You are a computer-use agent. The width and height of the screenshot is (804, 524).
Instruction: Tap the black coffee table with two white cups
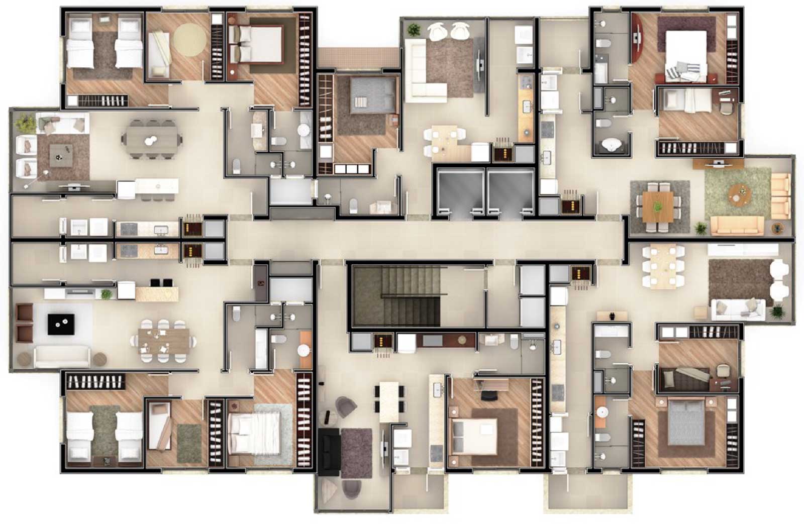(61, 325)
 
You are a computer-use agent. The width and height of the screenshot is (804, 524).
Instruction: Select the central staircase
(395, 297)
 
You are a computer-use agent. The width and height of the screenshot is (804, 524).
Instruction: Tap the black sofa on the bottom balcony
(330, 452)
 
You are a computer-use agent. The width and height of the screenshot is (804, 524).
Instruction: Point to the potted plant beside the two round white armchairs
(414, 30)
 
